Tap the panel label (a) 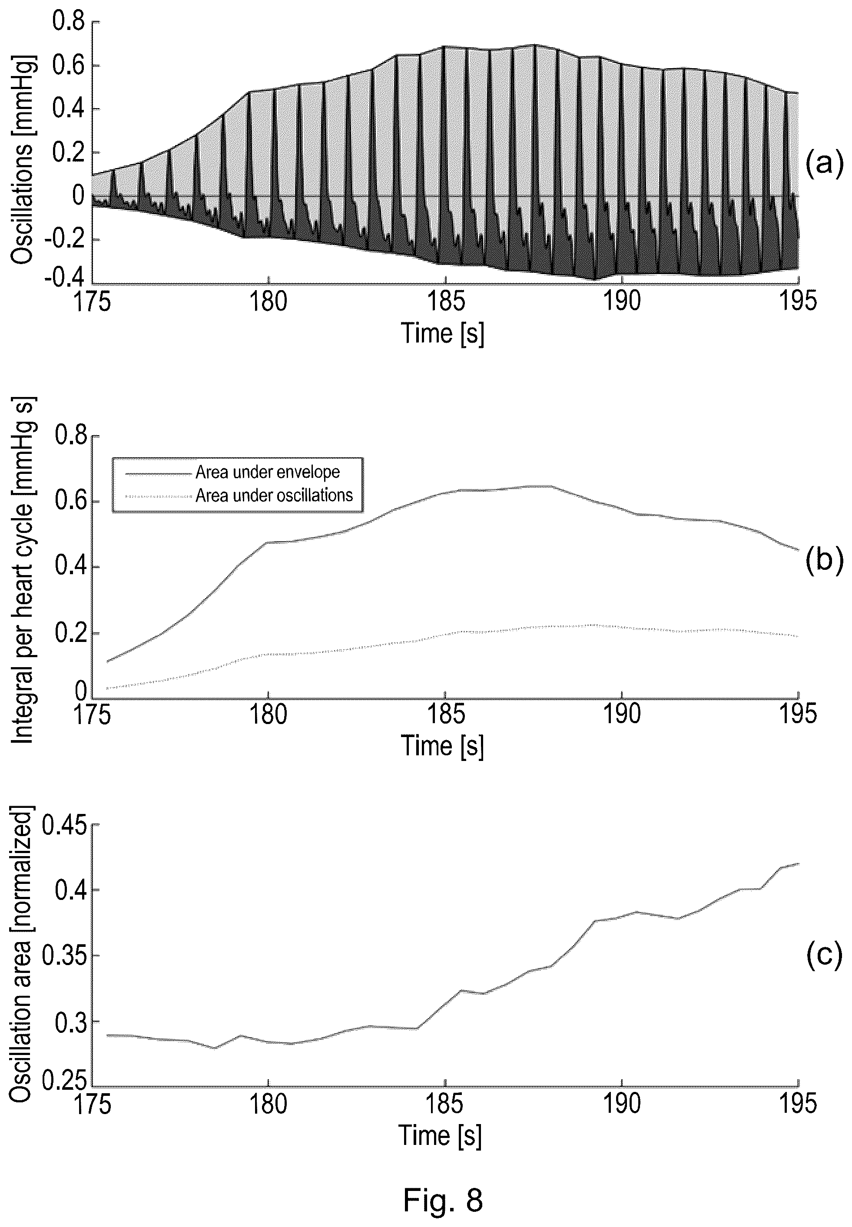tap(824, 162)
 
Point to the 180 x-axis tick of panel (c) tap(269, 1104)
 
